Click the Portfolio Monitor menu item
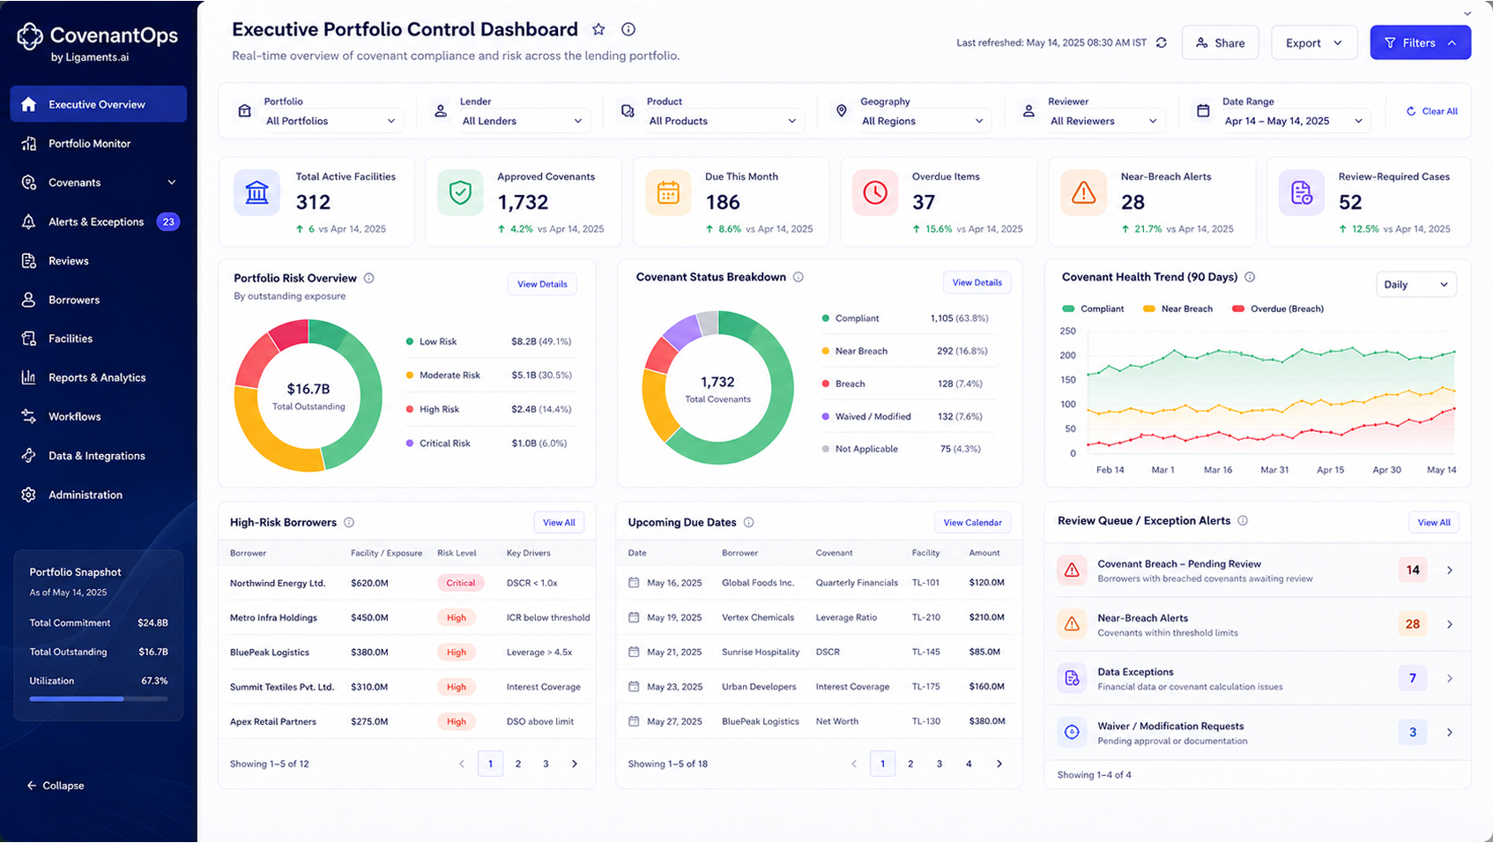(x=89, y=144)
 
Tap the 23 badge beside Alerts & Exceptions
(x=168, y=221)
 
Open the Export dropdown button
(x=1314, y=42)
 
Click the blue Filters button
(x=1421, y=42)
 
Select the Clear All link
(x=1432, y=111)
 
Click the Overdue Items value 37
(x=924, y=202)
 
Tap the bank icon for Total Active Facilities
(x=256, y=193)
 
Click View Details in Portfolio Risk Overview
(x=542, y=284)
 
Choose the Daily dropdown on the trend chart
(x=1415, y=285)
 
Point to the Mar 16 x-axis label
(x=1218, y=469)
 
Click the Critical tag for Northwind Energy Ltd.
(x=461, y=583)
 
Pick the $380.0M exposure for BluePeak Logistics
(x=369, y=653)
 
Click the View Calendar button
(x=972, y=523)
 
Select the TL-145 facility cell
(x=925, y=652)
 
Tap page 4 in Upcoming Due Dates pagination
(x=969, y=764)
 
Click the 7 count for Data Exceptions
(x=1412, y=678)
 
